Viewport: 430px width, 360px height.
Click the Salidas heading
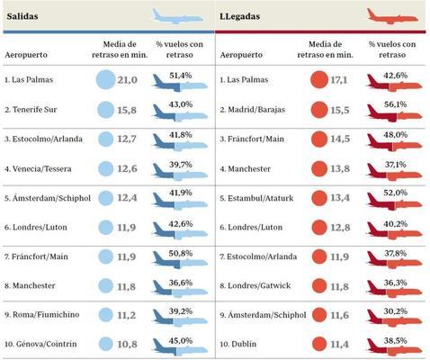pos(24,16)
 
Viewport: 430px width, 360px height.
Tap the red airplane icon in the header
pos(392,15)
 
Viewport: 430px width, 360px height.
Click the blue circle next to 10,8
pos(106,343)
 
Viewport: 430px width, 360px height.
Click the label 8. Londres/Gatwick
pos(262,285)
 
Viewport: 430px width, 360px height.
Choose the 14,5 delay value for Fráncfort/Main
pos(343,139)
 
